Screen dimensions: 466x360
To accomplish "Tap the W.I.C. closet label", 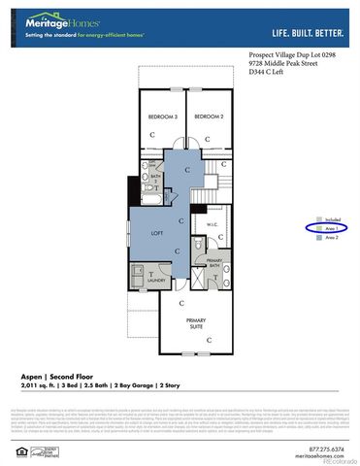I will pos(213,224).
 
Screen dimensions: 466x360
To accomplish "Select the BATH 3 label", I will pos(150,179).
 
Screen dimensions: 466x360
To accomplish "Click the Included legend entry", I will pos(332,219).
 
